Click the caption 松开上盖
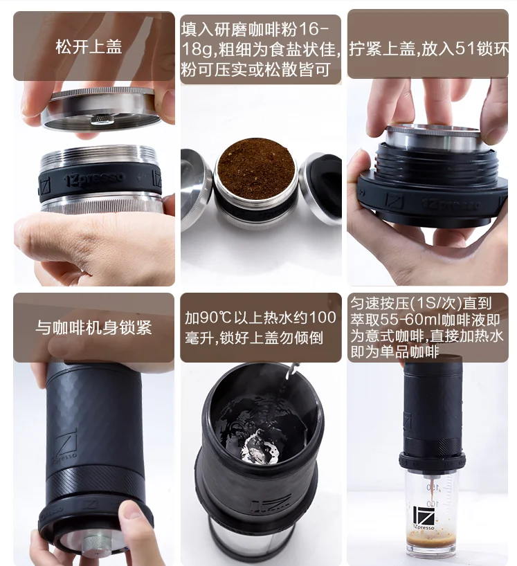(89, 47)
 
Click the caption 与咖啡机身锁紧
(93, 327)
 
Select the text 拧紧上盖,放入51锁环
(428, 48)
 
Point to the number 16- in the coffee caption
(314, 29)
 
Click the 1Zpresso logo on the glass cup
(424, 518)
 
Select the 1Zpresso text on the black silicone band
(95, 179)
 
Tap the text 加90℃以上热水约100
(261, 318)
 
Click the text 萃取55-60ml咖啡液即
(425, 320)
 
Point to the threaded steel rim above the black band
(98, 156)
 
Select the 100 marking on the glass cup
(433, 503)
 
